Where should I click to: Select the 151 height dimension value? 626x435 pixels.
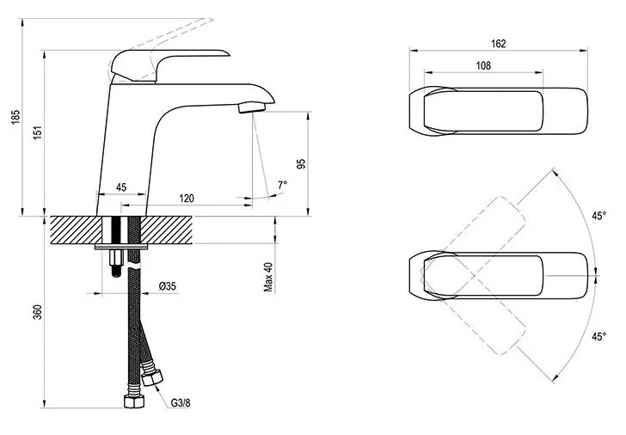pos(36,133)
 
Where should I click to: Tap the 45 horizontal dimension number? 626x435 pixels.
pos(121,187)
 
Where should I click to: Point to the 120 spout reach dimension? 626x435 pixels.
pos(187,198)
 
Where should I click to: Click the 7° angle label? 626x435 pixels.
pos(284,185)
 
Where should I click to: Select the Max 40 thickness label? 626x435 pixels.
pos(268,276)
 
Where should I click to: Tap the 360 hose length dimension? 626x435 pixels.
pos(37,313)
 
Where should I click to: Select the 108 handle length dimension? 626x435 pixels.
pos(483,66)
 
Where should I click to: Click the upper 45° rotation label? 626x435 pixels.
pos(598,215)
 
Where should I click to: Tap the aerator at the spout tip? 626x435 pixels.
pos(251,107)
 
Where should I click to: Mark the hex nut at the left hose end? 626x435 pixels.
pos(132,402)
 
